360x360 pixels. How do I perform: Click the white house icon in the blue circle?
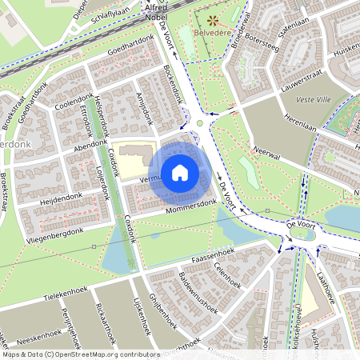pyautogui.click(x=180, y=172)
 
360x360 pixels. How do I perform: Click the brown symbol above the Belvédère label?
pyautogui.click(x=213, y=20)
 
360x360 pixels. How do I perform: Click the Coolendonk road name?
pyautogui.click(x=74, y=106)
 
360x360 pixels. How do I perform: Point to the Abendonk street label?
pyautogui.click(x=90, y=136)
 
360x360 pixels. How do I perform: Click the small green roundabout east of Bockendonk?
pyautogui.click(x=199, y=123)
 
